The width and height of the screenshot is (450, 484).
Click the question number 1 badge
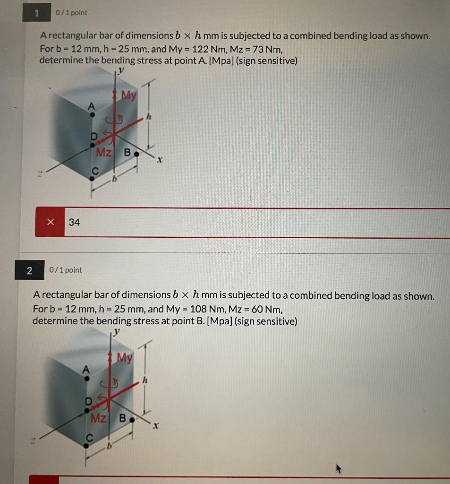click(36, 13)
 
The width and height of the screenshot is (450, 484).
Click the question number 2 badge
click(29, 270)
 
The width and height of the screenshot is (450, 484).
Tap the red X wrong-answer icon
click(51, 222)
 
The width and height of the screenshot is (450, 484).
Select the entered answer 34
click(74, 222)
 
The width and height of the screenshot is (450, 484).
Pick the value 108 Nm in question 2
click(205, 309)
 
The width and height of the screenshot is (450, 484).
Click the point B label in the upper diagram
click(127, 153)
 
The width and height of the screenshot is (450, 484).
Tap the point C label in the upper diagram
click(95, 172)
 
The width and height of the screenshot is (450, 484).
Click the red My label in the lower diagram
click(124, 358)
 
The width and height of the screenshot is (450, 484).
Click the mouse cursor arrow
click(339, 468)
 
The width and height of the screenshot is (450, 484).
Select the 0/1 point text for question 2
click(65, 270)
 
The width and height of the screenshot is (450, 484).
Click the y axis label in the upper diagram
click(121, 70)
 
